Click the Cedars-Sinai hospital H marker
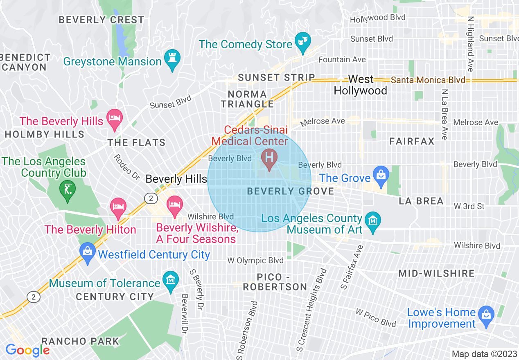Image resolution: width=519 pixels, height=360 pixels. tap(269, 157)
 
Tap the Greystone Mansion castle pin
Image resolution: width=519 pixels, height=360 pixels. tap(172, 59)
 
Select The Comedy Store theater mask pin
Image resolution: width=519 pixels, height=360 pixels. tap(303, 42)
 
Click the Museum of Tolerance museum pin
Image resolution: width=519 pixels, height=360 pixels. tap(171, 280)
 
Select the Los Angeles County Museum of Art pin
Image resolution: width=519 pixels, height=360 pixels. tap(372, 221)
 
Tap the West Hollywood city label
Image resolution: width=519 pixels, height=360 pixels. tap(361, 85)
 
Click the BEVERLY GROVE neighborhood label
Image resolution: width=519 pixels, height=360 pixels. tap(291, 191)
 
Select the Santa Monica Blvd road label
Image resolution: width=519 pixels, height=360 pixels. tap(428, 80)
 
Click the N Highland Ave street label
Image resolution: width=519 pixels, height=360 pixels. tap(470, 44)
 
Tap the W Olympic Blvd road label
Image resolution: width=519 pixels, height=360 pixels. tap(255, 261)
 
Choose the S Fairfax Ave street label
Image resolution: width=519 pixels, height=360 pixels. tap(350, 267)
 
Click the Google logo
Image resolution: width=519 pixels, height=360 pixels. tap(27, 350)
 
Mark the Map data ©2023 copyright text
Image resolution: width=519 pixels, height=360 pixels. tap(484, 354)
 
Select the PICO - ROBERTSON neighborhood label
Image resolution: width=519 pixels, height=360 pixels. tap(275, 282)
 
